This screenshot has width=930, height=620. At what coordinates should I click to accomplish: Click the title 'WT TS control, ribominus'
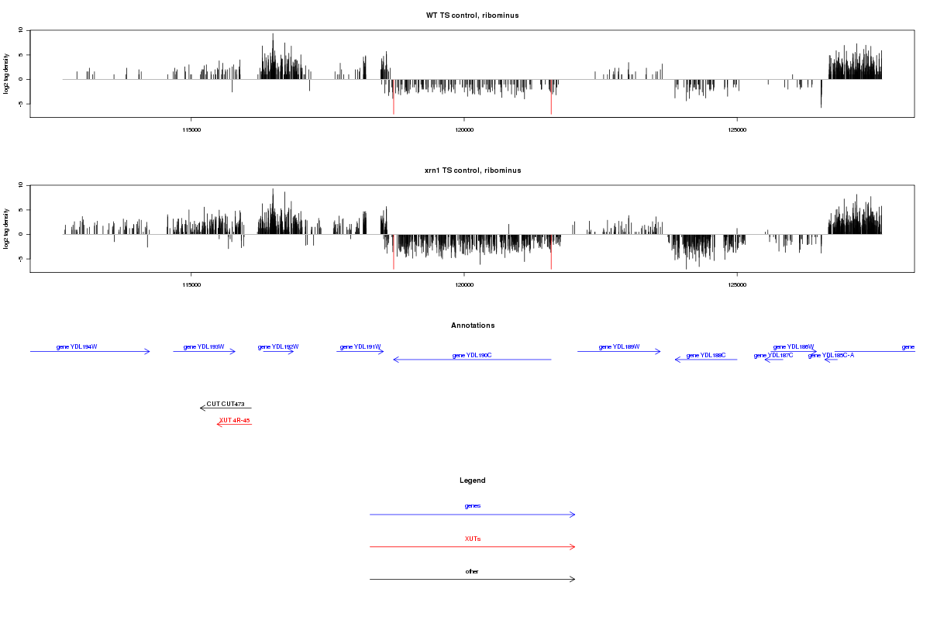pyautogui.click(x=472, y=15)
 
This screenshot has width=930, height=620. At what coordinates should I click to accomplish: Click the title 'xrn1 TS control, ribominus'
pyautogui.click(x=472, y=170)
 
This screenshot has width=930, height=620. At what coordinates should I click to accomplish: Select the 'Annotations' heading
pyautogui.click(x=473, y=325)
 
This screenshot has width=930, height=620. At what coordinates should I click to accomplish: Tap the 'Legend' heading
pyautogui.click(x=473, y=480)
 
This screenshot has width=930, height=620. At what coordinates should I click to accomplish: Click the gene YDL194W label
pyautogui.click(x=77, y=346)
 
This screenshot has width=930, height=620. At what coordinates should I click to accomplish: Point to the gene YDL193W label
pyautogui.click(x=204, y=346)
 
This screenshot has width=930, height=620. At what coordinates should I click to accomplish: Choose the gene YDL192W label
pyautogui.click(x=278, y=346)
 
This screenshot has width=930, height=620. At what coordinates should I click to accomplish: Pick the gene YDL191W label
pyautogui.click(x=360, y=346)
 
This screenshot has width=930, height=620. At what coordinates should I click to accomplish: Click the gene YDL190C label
pyautogui.click(x=472, y=355)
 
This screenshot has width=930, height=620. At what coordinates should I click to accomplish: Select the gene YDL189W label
pyautogui.click(x=619, y=346)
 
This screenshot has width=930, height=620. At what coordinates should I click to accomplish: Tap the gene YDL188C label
pyautogui.click(x=705, y=355)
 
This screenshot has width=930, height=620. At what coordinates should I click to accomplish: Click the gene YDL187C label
pyautogui.click(x=773, y=355)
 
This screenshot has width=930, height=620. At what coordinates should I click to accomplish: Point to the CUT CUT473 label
pyautogui.click(x=226, y=404)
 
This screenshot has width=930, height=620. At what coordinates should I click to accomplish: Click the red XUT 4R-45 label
pyautogui.click(x=234, y=420)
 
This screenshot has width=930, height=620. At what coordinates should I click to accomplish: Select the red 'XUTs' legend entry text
pyautogui.click(x=473, y=539)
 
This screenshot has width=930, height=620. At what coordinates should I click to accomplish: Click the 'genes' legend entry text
pyautogui.click(x=473, y=506)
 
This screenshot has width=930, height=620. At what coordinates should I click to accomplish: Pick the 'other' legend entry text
pyautogui.click(x=473, y=571)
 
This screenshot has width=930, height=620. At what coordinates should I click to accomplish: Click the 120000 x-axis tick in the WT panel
pyautogui.click(x=463, y=129)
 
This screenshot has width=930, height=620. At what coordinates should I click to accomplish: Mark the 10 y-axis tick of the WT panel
pyautogui.click(x=22, y=30)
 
